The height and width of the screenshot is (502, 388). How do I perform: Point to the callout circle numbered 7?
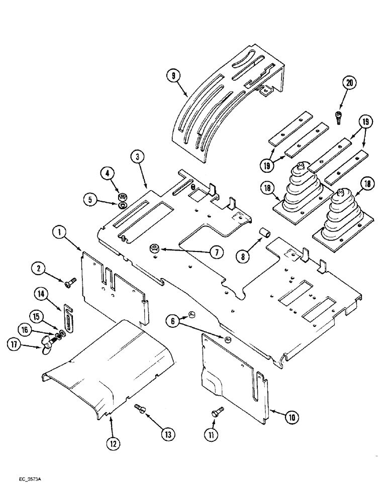point(216,253)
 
